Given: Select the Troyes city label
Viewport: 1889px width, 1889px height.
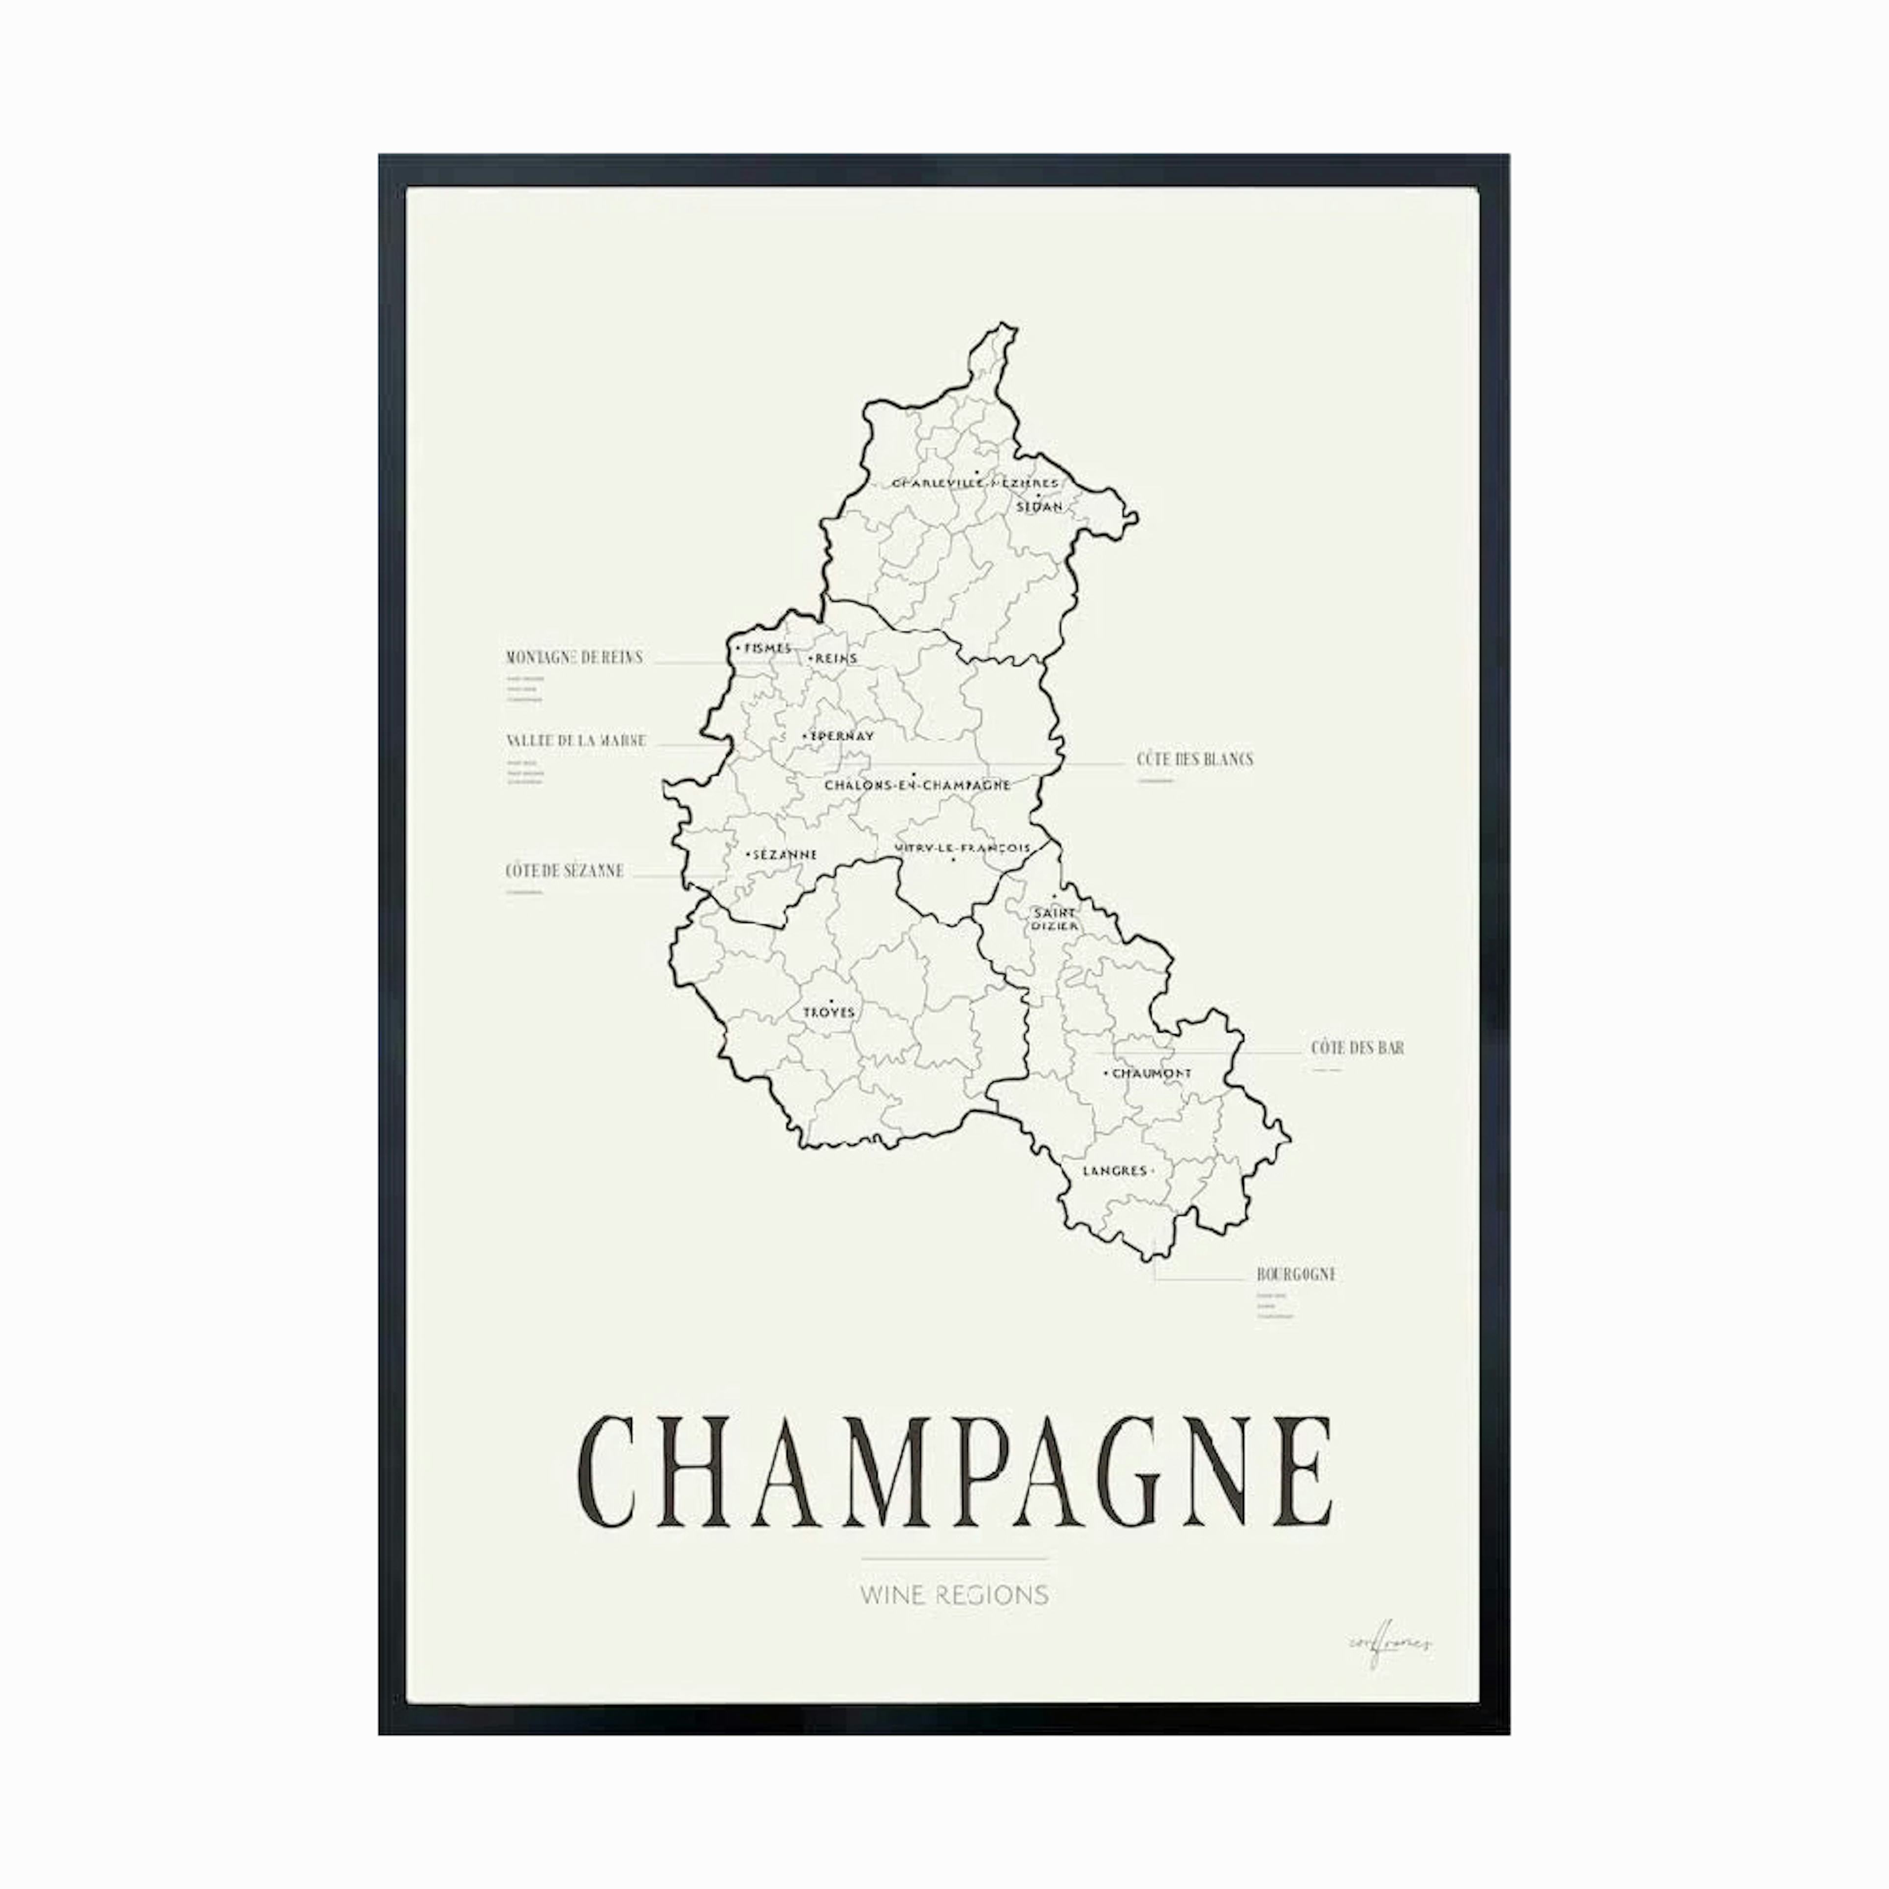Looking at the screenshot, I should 828,1012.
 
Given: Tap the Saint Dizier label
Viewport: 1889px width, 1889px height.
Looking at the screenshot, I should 1054,918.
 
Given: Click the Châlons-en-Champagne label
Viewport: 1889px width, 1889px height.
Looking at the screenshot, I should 917,784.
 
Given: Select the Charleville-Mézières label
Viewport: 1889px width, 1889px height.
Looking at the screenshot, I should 975,482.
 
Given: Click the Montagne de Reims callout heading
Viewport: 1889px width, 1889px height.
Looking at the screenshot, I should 574,657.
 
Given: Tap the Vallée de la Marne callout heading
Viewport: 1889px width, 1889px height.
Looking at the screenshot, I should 576,740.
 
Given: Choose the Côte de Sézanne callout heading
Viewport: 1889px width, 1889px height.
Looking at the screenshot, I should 564,870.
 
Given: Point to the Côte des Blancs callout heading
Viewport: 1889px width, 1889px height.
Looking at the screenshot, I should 1194,759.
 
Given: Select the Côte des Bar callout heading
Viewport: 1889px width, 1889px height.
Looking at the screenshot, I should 1357,1047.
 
